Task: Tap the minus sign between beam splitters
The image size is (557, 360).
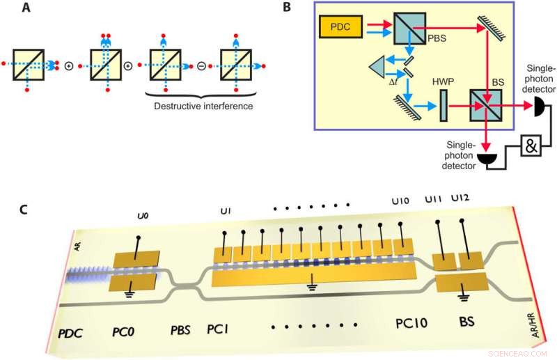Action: click(x=201, y=67)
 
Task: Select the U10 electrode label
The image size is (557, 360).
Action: click(x=400, y=201)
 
